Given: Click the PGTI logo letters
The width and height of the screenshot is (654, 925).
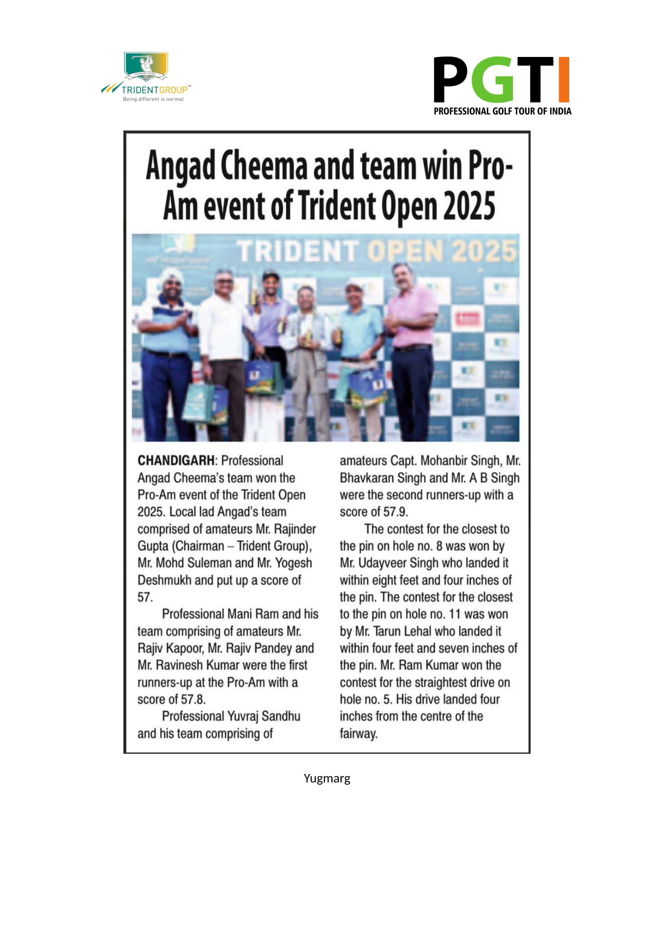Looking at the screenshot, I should (x=501, y=80).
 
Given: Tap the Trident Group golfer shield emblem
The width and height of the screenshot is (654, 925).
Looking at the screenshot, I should (x=146, y=66).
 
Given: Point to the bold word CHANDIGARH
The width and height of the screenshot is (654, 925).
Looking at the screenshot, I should (x=176, y=460).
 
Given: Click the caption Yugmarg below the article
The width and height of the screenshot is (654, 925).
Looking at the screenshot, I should (x=327, y=778).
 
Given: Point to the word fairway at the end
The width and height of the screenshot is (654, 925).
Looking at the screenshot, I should (x=358, y=734).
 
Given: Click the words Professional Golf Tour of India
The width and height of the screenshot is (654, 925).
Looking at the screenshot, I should (x=502, y=111).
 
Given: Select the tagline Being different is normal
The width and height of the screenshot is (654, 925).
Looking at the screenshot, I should (x=153, y=99).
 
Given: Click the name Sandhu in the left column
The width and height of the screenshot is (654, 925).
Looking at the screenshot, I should (x=281, y=716).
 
